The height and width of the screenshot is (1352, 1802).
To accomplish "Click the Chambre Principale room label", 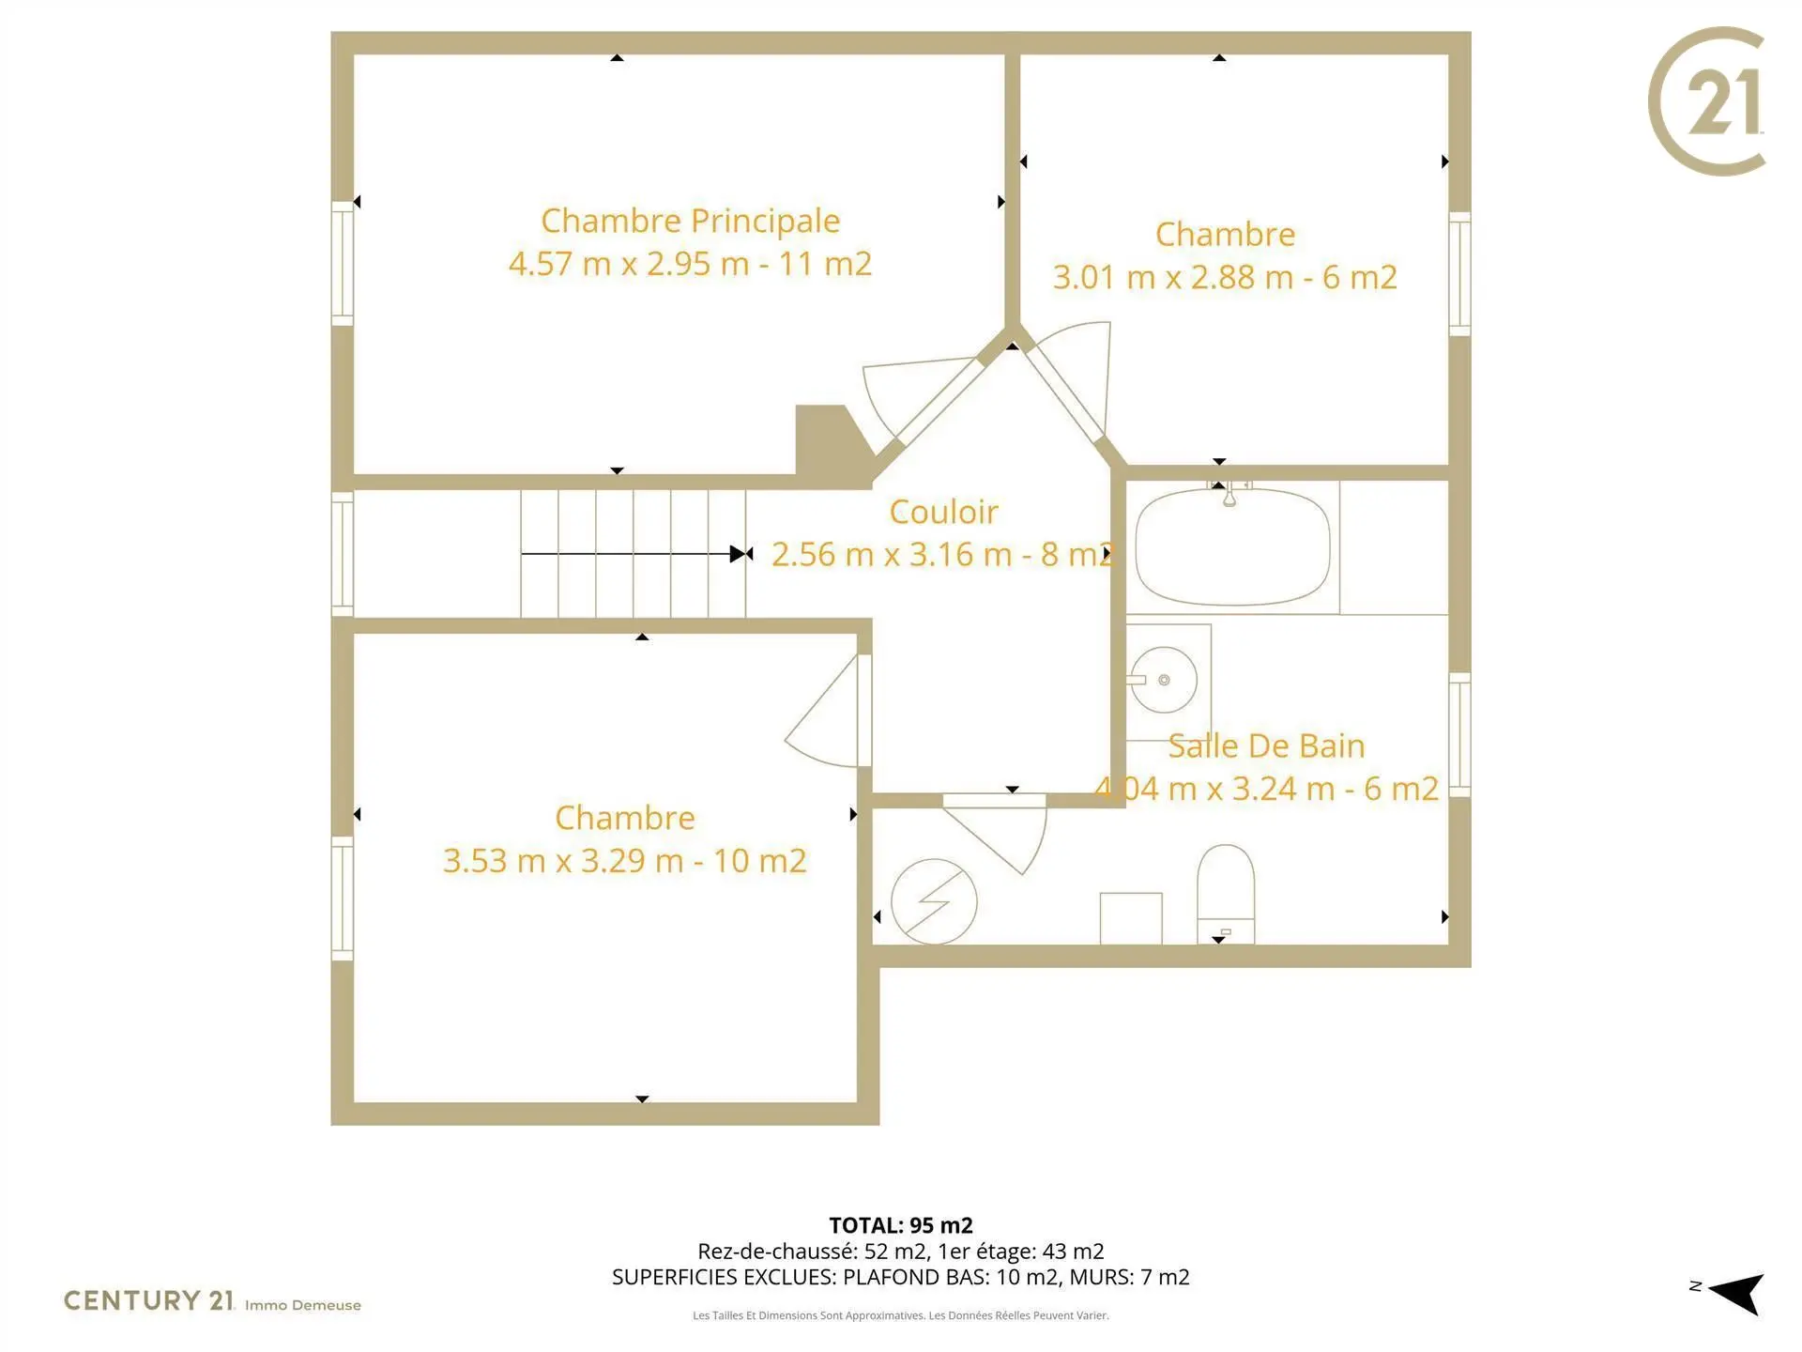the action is [x=690, y=221].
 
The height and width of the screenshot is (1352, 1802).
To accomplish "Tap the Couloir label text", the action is [x=943, y=512].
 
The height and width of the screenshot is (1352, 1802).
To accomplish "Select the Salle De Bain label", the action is [x=1266, y=745].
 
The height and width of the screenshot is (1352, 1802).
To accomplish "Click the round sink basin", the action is [x=1164, y=680].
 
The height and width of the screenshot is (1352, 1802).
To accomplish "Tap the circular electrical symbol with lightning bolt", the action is [x=934, y=901].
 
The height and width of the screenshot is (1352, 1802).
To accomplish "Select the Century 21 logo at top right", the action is [x=1707, y=101].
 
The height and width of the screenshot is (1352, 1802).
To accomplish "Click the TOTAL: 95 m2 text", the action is [x=901, y=1225].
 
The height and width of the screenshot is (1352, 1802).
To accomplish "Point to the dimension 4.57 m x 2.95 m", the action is [x=628, y=264].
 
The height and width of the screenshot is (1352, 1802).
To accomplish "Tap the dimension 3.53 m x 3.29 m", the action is [x=563, y=861].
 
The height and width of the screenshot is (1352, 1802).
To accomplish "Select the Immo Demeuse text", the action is [x=303, y=1305].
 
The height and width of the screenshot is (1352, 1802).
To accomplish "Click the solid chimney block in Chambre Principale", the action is [x=832, y=445].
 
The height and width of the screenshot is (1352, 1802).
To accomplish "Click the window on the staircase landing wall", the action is [x=343, y=554].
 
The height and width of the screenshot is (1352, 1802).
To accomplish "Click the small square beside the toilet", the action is [x=1131, y=918].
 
